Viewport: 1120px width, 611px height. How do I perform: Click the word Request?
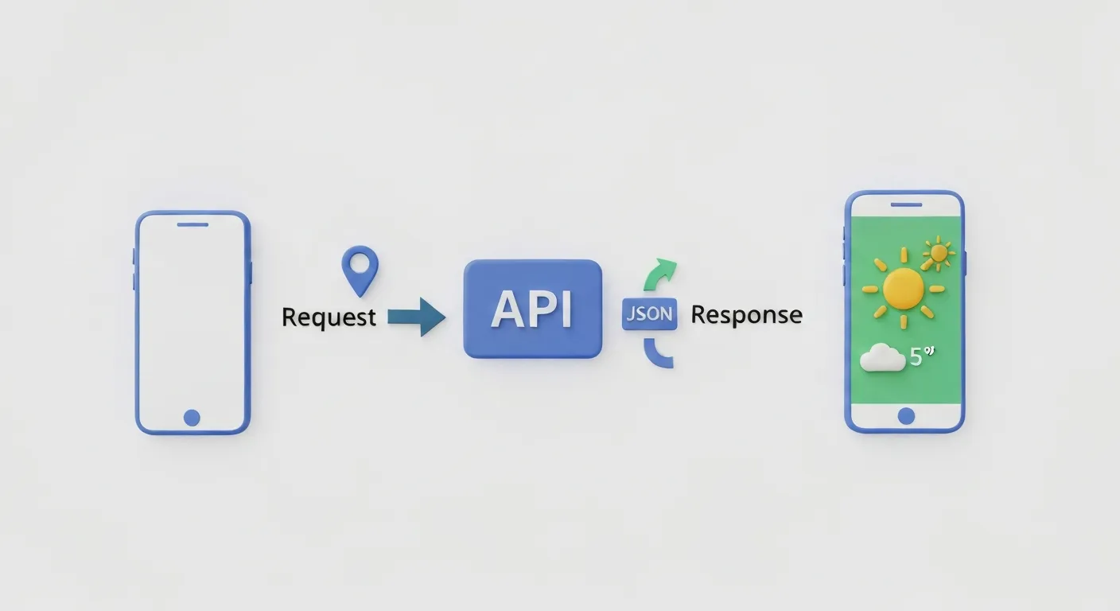(x=329, y=317)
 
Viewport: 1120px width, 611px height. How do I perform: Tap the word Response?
(x=746, y=315)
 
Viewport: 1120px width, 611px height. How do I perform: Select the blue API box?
(x=532, y=309)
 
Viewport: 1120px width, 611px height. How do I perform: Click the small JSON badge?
(x=648, y=314)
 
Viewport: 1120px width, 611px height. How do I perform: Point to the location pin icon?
(x=360, y=268)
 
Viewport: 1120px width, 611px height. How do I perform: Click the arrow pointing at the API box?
(x=416, y=317)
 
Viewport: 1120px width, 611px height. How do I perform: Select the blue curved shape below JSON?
(x=658, y=355)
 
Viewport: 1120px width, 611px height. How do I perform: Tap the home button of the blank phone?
(x=192, y=417)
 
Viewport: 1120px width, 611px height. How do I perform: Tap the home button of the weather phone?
(x=905, y=415)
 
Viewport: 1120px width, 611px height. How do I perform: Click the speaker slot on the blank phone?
(x=192, y=224)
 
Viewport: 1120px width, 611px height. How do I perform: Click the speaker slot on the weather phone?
(x=905, y=204)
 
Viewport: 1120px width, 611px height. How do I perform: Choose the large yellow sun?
(x=903, y=287)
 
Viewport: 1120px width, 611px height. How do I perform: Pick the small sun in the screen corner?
(x=939, y=253)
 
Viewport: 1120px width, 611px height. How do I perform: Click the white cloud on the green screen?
(x=882, y=359)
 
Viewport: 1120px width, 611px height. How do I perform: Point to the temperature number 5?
(x=916, y=358)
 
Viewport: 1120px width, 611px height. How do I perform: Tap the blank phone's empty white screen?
(x=192, y=318)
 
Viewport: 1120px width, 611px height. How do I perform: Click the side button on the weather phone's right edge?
(x=965, y=263)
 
